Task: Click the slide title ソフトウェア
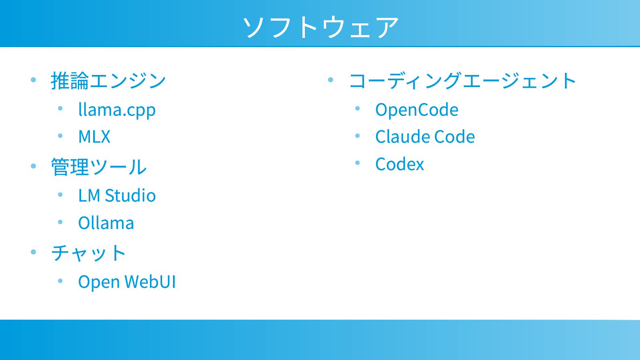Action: click(321, 27)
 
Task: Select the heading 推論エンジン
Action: click(108, 81)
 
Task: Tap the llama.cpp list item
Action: click(117, 110)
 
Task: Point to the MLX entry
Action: click(94, 137)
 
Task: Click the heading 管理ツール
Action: click(98, 167)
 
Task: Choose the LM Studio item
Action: click(117, 196)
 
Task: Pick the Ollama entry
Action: click(106, 223)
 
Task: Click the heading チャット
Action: click(88, 253)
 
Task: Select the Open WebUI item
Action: click(127, 282)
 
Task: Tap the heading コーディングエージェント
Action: click(463, 81)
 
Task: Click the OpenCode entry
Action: click(417, 110)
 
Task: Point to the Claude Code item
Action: click(425, 137)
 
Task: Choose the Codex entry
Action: click(399, 164)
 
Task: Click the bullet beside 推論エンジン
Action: click(33, 80)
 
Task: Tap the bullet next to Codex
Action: click(357, 163)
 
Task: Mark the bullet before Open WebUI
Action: click(60, 281)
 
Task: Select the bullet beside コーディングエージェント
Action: click(331, 80)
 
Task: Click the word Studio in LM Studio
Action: click(130, 196)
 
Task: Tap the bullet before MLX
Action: click(60, 136)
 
